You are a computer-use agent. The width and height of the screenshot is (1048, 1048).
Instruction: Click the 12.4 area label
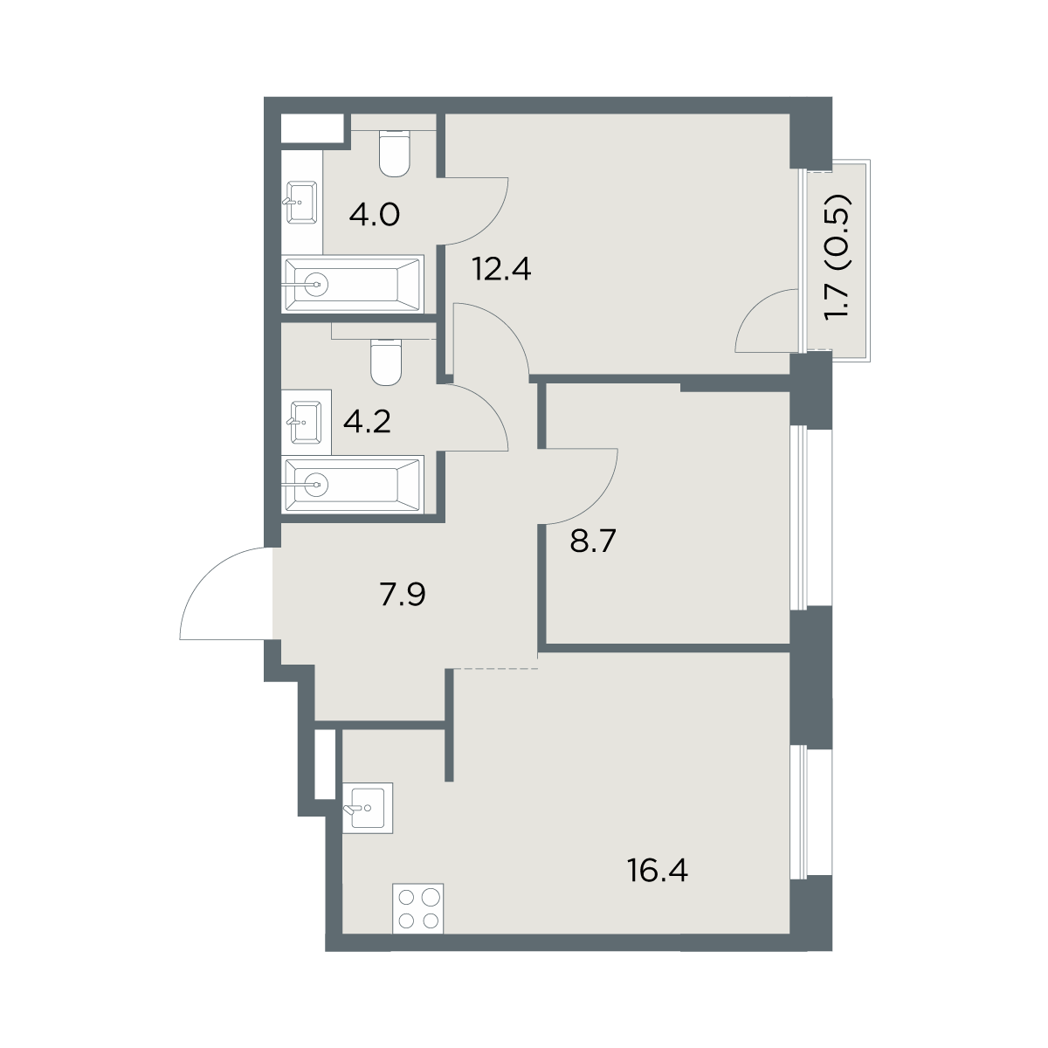coord(501,269)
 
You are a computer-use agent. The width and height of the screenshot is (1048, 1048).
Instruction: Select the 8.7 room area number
coord(593,541)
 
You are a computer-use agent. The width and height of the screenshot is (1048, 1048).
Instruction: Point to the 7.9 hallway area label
coord(403,595)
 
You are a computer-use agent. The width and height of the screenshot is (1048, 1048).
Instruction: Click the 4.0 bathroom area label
coord(375,216)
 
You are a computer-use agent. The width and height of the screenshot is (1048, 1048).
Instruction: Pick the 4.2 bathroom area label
coord(367,422)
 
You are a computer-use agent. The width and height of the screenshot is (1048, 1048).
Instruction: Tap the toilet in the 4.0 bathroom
coord(394,154)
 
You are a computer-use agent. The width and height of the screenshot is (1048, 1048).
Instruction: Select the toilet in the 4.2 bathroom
coord(386,362)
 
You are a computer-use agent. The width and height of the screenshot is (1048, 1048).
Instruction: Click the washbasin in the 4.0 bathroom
coord(301,203)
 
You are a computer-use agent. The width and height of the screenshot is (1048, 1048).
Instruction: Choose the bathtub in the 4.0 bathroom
coord(354,284)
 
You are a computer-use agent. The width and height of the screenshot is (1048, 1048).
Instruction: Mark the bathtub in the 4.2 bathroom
coord(354,484)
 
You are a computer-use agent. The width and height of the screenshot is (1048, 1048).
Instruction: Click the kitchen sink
coord(369,808)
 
